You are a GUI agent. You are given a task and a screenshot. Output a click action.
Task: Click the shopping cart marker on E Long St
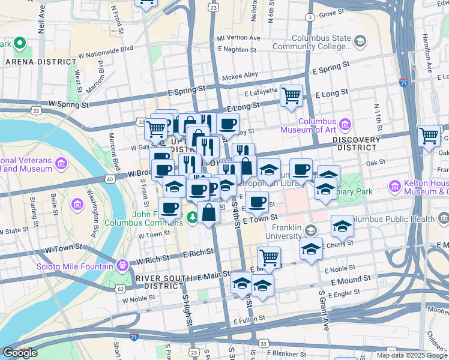(291, 95)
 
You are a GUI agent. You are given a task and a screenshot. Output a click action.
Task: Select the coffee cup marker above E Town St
(257, 202)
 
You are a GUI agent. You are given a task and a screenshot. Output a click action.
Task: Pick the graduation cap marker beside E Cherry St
(311, 249)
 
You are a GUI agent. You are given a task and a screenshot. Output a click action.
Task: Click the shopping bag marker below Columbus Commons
(208, 213)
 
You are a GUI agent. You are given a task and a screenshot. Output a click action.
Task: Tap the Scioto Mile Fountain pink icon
(122, 264)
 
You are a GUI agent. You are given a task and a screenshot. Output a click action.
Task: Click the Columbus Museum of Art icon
(345, 124)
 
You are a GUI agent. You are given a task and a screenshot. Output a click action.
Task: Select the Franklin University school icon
(310, 230)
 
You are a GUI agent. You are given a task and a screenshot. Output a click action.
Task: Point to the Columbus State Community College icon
(360, 41)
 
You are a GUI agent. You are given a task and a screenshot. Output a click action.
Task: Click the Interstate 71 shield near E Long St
(405, 83)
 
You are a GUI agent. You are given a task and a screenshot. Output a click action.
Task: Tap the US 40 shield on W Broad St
(109, 179)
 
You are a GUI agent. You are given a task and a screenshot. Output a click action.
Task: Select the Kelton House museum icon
(394, 185)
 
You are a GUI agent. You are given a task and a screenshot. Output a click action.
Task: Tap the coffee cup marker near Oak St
(301, 169)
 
